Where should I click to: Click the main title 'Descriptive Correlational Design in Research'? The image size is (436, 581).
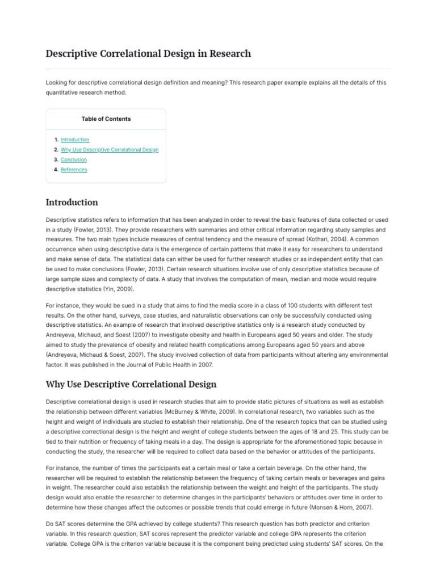pyautogui.click(x=148, y=54)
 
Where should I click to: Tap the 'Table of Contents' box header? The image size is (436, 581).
pyautogui.click(x=106, y=119)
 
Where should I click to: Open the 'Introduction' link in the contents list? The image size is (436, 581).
pyautogui.click(x=75, y=140)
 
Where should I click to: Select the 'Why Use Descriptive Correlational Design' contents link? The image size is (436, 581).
pyautogui.click(x=110, y=150)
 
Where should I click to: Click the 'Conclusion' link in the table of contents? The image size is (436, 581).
pyautogui.click(x=74, y=160)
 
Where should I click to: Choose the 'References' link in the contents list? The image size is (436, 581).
pyautogui.click(x=74, y=170)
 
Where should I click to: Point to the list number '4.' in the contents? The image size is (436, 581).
pyautogui.click(x=56, y=170)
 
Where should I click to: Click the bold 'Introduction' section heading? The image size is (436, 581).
pyautogui.click(x=72, y=203)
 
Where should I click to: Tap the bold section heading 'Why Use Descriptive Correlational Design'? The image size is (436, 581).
pyautogui.click(x=131, y=384)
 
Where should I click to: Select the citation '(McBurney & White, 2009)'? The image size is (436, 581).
pyautogui.click(x=194, y=411)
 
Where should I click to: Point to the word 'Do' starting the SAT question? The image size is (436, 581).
pyautogui.click(x=49, y=524)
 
